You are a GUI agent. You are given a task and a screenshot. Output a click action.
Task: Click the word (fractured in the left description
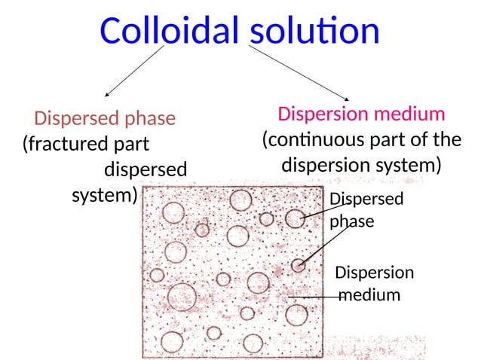66,143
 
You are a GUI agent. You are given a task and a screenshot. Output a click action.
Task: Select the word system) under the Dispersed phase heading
105,196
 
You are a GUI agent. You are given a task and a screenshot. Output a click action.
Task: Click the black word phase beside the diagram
352,222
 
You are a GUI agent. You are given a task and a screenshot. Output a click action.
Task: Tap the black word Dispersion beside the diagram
375,272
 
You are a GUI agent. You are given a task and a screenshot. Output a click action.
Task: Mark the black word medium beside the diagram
369,294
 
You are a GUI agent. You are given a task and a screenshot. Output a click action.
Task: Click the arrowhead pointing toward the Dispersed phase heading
107,95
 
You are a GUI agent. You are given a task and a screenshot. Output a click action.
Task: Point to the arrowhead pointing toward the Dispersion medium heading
347,99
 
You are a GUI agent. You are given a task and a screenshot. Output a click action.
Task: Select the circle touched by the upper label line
295,218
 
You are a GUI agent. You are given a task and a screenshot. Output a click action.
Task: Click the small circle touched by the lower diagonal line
299,264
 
